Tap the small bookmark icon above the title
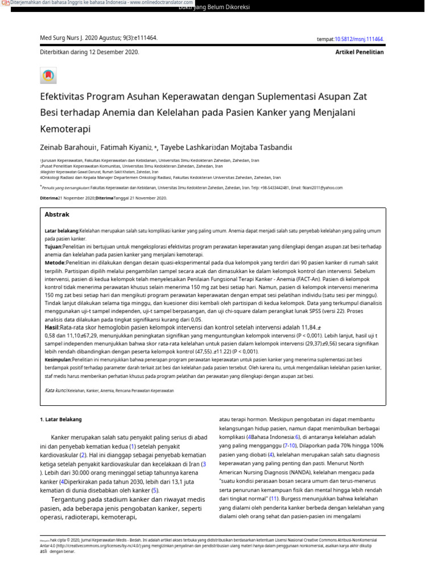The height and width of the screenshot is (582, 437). point(48,75)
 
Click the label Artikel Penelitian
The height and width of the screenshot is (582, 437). point(360,52)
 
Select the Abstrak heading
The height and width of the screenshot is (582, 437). point(57,215)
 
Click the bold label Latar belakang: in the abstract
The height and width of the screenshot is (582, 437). point(61,231)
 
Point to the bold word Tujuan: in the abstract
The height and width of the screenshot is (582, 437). point(53,247)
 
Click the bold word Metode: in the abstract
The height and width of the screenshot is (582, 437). point(55,264)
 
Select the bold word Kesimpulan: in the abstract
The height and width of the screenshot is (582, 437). point(61,360)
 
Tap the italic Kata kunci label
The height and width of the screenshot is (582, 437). point(55,391)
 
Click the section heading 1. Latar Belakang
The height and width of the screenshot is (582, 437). point(61,419)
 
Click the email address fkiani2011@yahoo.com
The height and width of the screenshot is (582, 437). point(322,188)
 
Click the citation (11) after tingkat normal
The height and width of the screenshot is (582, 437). point(273,498)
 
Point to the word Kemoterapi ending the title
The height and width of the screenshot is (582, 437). point(65,128)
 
